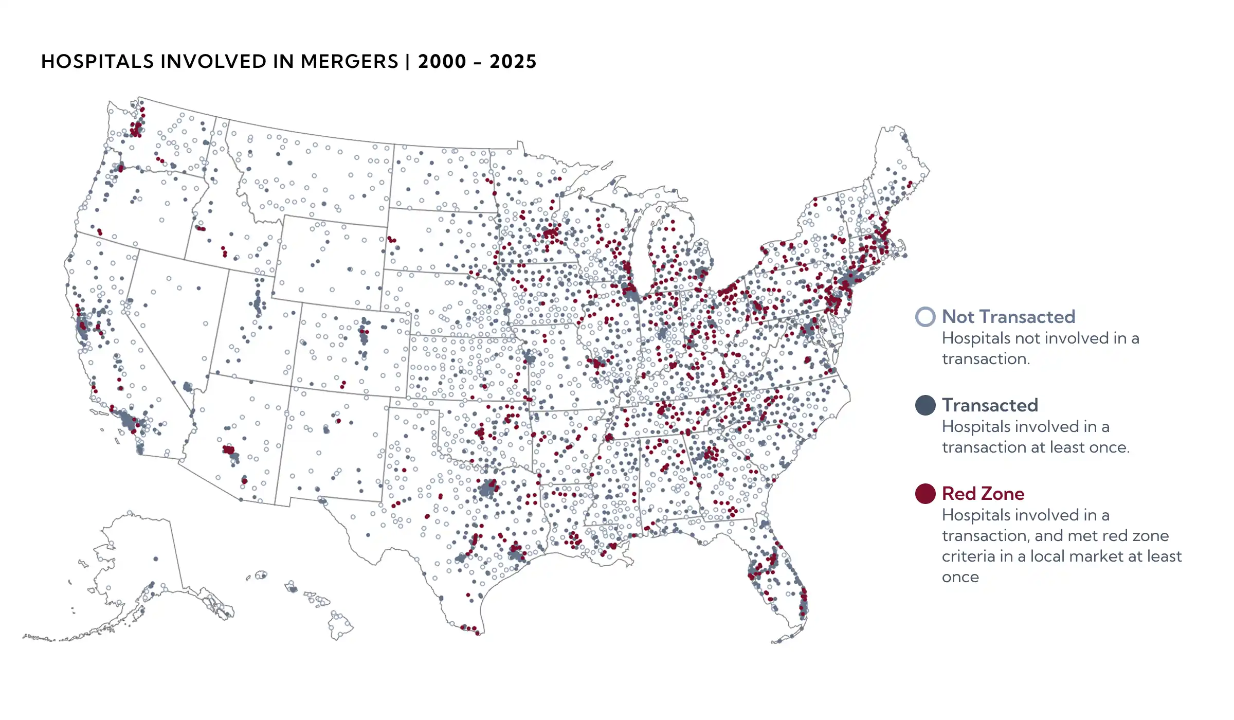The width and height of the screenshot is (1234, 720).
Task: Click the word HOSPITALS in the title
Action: tap(97, 62)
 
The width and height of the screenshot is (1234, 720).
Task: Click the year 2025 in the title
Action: tap(513, 62)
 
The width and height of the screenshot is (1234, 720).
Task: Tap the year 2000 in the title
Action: tap(442, 62)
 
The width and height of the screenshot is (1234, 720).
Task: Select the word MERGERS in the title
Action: tap(349, 62)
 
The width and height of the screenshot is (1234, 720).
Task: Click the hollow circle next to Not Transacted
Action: tap(925, 317)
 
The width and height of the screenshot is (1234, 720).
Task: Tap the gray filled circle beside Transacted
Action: tap(925, 405)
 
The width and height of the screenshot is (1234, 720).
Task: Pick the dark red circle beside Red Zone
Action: tap(925, 494)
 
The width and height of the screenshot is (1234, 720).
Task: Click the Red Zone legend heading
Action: tap(983, 494)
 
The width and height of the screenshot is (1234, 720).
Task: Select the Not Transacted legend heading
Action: tap(1008, 317)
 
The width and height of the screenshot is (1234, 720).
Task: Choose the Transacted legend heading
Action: tap(989, 405)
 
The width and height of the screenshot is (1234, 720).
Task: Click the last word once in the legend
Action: tap(960, 577)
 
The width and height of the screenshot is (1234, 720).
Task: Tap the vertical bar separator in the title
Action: tap(407, 62)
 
